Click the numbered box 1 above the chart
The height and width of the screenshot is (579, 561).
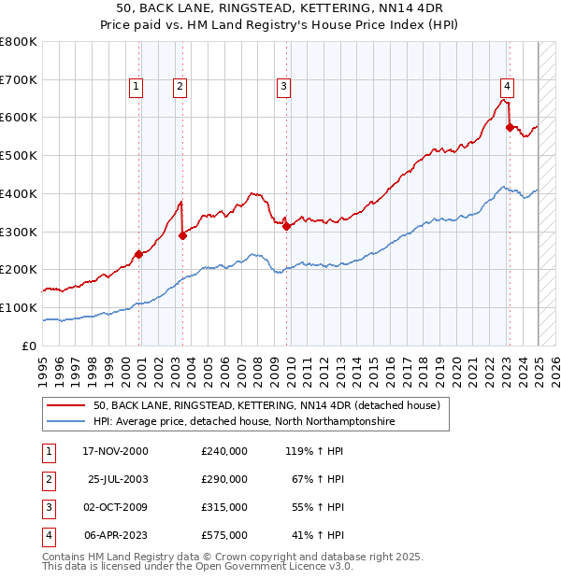(137, 87)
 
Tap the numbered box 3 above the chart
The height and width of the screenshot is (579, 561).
(282, 87)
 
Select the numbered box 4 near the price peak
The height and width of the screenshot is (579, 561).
(506, 87)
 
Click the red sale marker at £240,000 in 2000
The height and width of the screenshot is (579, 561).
(138, 253)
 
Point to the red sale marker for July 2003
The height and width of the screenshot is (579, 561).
(182, 235)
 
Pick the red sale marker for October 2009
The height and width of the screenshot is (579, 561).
(286, 225)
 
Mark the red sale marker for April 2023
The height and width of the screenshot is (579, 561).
(510, 126)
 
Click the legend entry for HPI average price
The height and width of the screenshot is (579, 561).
(243, 422)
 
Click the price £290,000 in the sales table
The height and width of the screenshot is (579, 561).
(224, 479)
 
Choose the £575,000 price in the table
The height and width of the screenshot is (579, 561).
(224, 535)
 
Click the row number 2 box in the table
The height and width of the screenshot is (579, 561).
(48, 479)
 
